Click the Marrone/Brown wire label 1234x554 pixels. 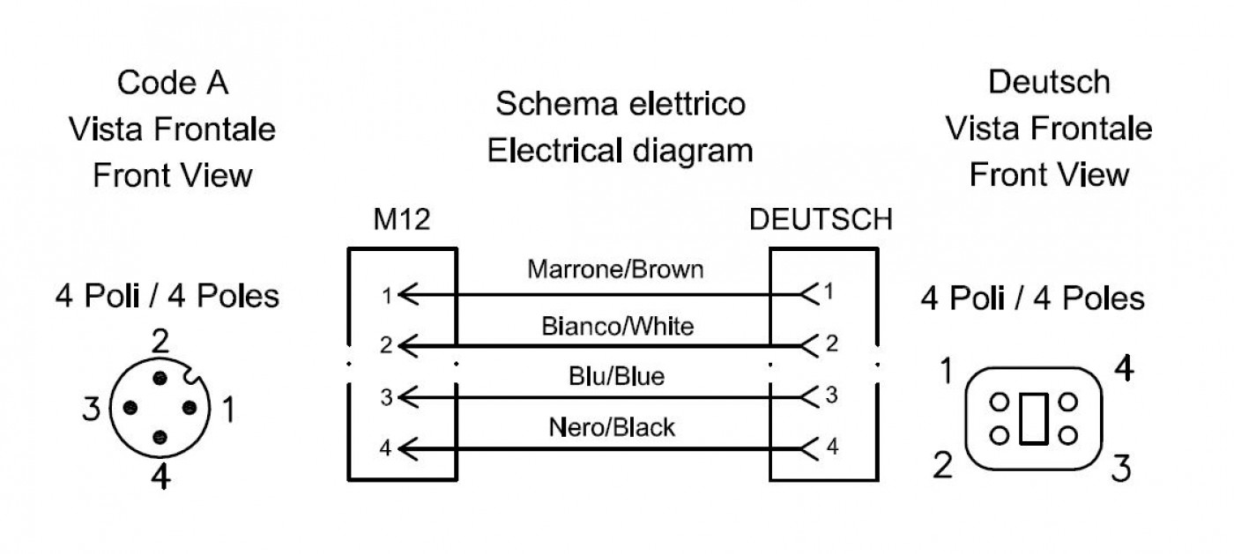pos(615,270)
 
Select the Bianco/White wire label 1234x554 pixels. pos(618,326)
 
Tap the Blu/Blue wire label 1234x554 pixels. pos(616,376)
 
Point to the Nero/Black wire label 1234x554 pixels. pos(612,427)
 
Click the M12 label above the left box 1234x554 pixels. pos(402,219)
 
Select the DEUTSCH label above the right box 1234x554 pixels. pos(821,219)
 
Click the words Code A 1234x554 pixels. pos(173,83)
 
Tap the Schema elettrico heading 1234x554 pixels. pos(621,104)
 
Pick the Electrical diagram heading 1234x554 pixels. pos(620,151)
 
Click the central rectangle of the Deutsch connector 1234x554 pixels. pos(1033,418)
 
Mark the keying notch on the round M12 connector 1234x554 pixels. pos(193,375)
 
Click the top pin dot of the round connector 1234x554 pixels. pos(160,379)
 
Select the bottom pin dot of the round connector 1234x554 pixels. pos(160,438)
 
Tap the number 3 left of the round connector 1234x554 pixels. pos(92,410)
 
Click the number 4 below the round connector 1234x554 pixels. pos(160,476)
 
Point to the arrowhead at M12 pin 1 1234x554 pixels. pos(407,295)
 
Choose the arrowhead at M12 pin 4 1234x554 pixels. pos(407,449)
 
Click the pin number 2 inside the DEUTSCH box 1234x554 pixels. pos(832,343)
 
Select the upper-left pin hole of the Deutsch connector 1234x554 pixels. pos(1000,402)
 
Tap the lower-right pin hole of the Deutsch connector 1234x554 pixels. pos(1068,436)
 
